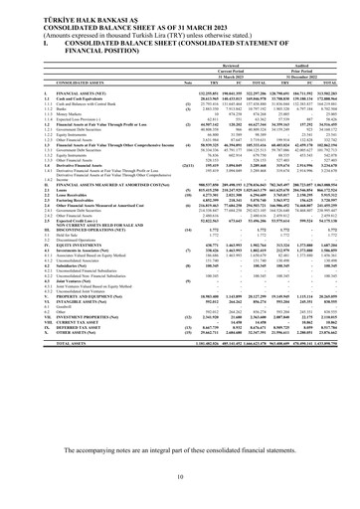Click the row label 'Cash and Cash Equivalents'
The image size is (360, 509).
61,155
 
